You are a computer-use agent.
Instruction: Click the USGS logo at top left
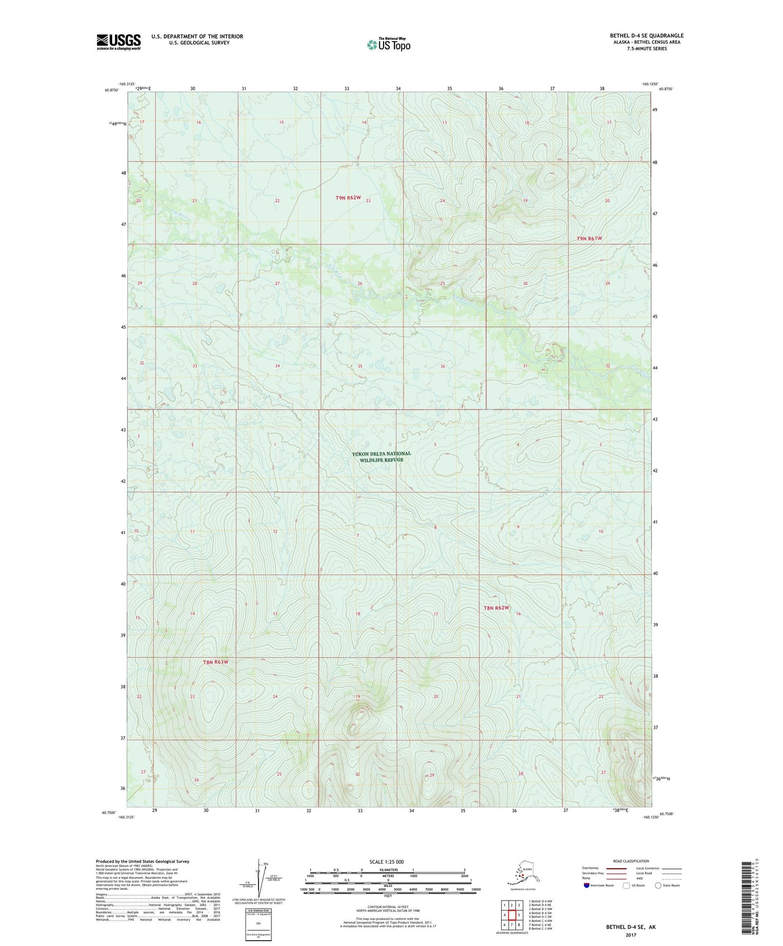tap(118, 42)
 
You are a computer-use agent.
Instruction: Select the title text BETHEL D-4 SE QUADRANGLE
tap(646, 36)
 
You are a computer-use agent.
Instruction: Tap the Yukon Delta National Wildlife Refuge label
tap(381, 457)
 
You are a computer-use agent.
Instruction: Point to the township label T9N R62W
tap(347, 198)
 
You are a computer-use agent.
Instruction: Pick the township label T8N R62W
tap(496, 608)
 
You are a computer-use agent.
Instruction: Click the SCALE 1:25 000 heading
tap(387, 861)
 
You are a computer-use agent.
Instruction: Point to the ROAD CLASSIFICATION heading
tap(630, 861)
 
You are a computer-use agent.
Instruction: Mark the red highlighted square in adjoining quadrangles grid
tap(511, 915)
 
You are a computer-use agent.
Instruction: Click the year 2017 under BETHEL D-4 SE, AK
tap(630, 935)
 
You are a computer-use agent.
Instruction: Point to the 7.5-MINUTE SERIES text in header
tap(646, 48)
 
